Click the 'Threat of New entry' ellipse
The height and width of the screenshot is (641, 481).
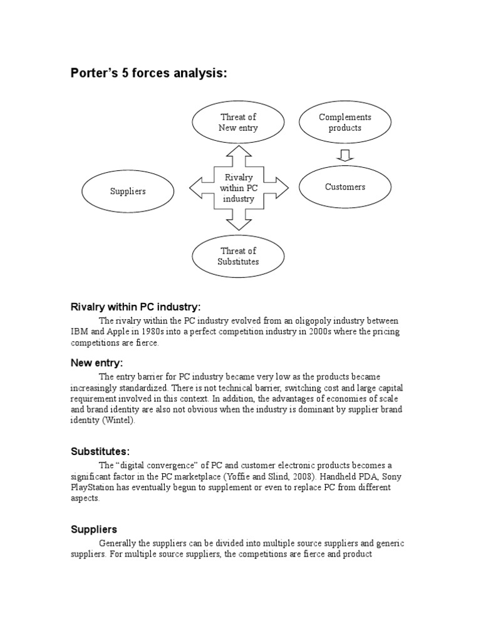(x=238, y=123)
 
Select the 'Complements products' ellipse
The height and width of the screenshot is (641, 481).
(x=344, y=123)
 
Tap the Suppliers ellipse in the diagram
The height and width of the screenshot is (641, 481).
(x=127, y=191)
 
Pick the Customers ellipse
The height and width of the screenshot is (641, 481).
(x=344, y=187)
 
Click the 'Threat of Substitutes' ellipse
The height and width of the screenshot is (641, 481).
(x=238, y=256)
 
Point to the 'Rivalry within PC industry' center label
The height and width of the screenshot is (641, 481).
(x=238, y=188)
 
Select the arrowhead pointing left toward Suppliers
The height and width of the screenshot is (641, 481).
(x=196, y=187)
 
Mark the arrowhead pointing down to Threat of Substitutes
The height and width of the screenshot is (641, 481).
(x=239, y=223)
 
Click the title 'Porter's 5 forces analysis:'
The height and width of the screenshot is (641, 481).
(x=148, y=74)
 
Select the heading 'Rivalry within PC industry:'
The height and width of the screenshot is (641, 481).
(x=135, y=307)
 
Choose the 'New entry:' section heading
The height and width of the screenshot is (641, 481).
(x=96, y=363)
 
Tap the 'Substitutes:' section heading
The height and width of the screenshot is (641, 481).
(x=100, y=451)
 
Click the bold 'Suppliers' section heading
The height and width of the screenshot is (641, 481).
(x=93, y=530)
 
